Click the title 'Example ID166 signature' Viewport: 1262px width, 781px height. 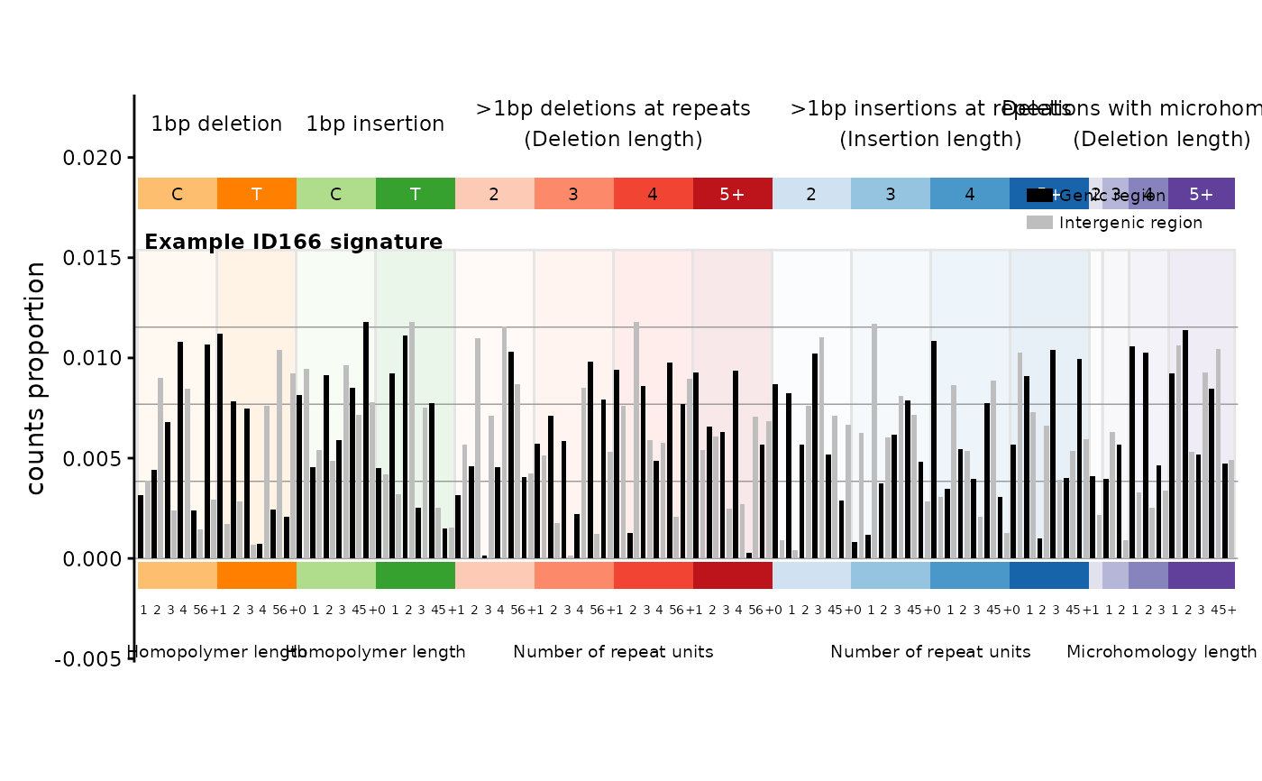click(293, 243)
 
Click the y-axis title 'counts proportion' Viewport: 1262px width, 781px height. click(35, 378)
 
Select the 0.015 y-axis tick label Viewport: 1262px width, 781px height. click(92, 258)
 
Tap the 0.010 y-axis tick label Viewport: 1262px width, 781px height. click(92, 358)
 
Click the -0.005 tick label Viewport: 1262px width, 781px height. click(88, 659)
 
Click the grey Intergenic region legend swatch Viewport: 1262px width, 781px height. click(1039, 223)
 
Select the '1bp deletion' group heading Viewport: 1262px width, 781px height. click(216, 124)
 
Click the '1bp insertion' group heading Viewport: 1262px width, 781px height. click(375, 124)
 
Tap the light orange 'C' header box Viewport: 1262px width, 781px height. click(178, 194)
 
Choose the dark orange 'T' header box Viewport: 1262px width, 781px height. click(257, 194)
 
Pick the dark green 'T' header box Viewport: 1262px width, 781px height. click(416, 194)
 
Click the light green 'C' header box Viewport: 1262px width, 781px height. click(336, 194)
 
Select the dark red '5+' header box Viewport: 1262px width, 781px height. click(733, 194)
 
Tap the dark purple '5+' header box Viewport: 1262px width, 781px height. click(1202, 194)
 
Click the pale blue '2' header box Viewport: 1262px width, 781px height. click(811, 194)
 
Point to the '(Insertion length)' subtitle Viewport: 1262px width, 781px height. click(930, 140)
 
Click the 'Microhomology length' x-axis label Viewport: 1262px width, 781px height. click(1161, 652)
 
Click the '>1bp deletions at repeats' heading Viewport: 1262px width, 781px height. click(613, 109)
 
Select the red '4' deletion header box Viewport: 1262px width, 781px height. click(654, 194)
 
